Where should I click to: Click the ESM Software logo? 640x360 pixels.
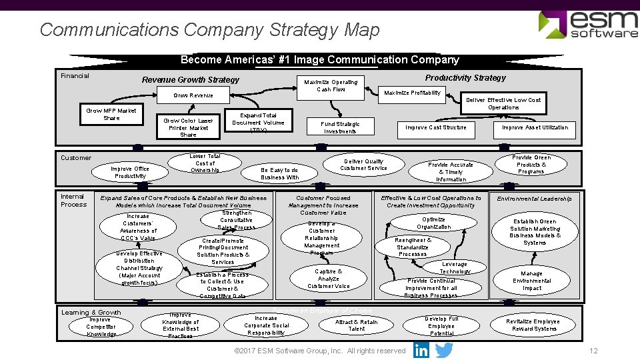tap(587, 25)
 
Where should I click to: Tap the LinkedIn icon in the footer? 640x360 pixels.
tap(421, 350)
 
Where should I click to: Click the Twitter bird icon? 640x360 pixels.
tap(444, 350)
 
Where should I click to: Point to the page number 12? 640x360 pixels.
tap(593, 351)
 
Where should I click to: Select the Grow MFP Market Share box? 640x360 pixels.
tap(111, 114)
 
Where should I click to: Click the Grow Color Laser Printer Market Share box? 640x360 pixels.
tap(188, 127)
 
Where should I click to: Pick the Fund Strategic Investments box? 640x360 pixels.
tap(340, 127)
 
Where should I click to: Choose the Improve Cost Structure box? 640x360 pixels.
tap(436, 127)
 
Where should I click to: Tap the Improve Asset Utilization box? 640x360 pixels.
tap(535, 127)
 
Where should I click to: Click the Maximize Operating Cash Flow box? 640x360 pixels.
tap(331, 85)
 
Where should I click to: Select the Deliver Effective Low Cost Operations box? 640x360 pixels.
tap(503, 103)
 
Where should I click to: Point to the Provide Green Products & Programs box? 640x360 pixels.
tap(531, 164)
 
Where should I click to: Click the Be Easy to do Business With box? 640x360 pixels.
tap(279, 173)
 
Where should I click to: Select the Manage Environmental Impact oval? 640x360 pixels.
tap(531, 281)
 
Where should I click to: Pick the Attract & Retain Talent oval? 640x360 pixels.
tap(357, 325)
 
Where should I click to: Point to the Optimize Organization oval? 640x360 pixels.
tap(433, 223)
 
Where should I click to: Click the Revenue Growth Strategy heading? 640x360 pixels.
tap(190, 80)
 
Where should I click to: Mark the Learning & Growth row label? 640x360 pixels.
tap(91, 312)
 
